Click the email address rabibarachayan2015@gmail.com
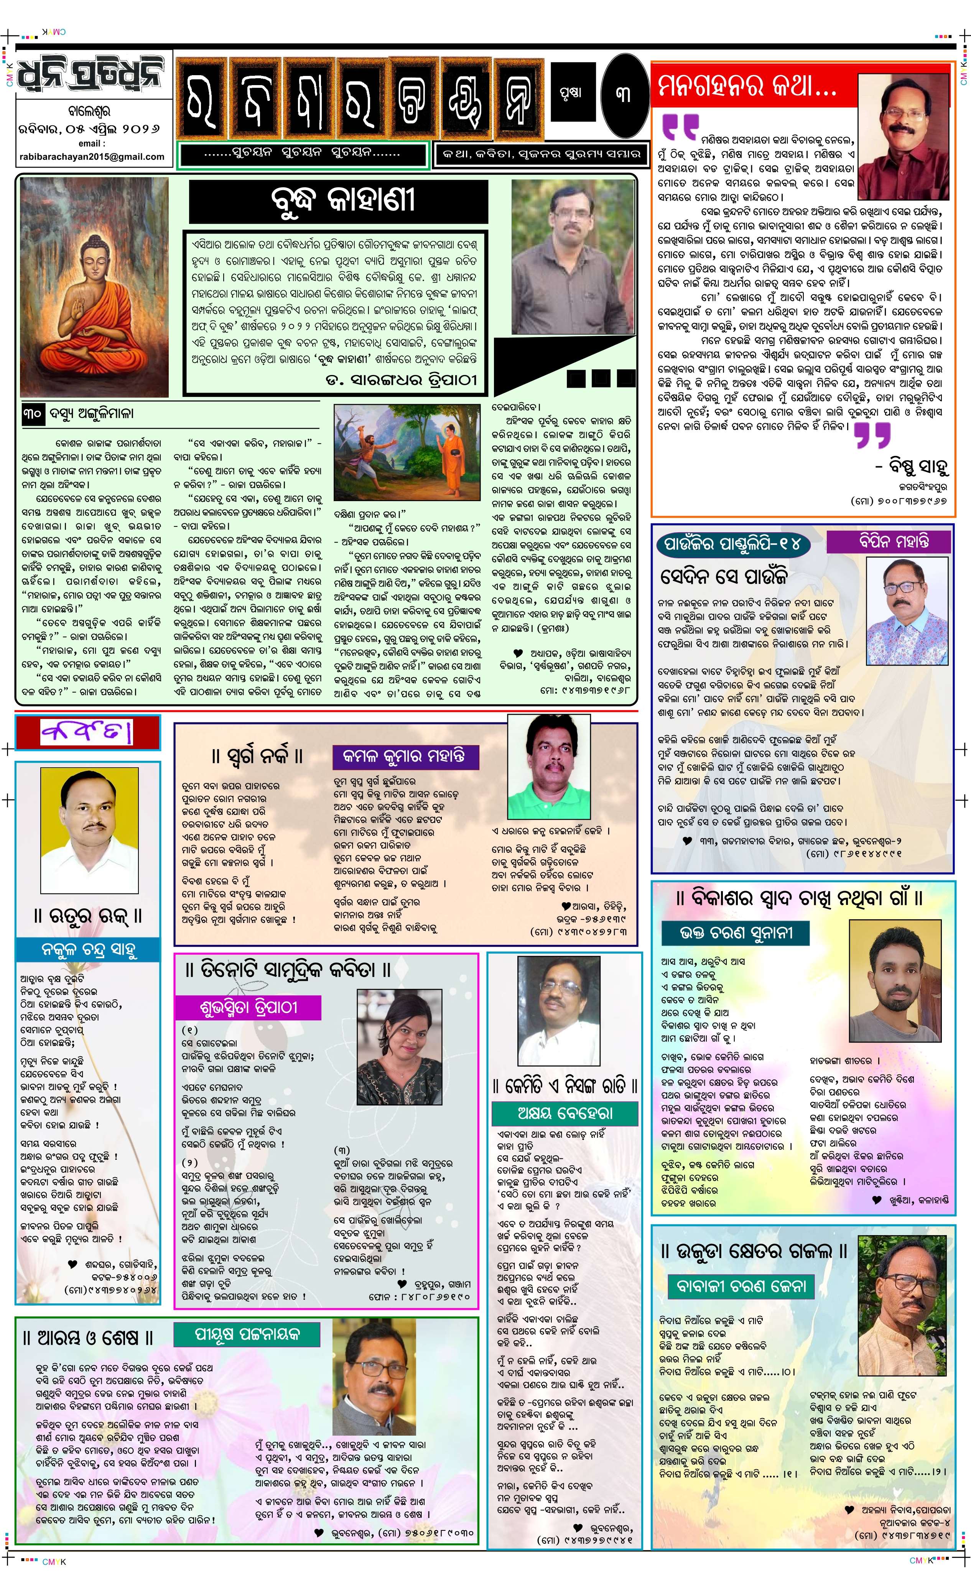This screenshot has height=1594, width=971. click(x=92, y=156)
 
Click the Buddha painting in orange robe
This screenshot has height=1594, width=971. click(x=94, y=286)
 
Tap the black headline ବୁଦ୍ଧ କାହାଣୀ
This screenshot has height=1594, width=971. click(x=338, y=201)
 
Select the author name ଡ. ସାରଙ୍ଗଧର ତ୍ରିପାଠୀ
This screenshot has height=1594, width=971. click(x=401, y=380)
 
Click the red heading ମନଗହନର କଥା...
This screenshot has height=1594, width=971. click(x=747, y=86)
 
